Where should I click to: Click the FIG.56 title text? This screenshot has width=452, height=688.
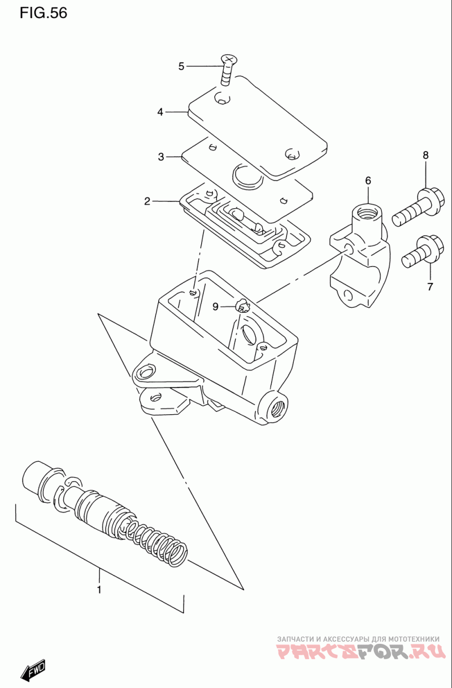(x=44, y=13)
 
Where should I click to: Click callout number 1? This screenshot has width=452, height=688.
(x=99, y=590)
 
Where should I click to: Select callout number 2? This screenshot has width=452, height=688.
(x=147, y=201)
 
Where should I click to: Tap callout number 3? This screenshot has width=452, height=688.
(x=161, y=157)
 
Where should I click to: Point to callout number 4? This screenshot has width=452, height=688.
(x=160, y=112)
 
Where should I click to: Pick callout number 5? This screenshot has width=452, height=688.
(x=181, y=66)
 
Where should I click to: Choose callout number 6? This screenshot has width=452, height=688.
(x=368, y=180)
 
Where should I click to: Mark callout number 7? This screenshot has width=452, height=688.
(x=430, y=286)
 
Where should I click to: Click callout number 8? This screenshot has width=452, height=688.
(x=425, y=155)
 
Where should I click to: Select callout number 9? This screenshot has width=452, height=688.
(x=215, y=307)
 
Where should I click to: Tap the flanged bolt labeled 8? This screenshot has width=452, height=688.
(x=418, y=207)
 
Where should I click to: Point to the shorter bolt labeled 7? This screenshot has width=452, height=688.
(x=423, y=251)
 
